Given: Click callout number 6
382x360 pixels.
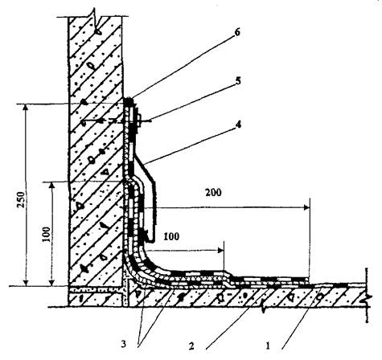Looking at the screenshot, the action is coord(236,33).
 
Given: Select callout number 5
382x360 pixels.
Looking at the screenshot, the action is coord(237,81).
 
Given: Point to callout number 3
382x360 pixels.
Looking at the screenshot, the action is coord(123,345).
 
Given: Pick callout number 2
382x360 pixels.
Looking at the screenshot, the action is coord(191,346).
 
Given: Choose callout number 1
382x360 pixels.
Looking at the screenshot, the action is coord(267,346).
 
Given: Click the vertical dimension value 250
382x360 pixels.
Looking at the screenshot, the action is coord(21,199).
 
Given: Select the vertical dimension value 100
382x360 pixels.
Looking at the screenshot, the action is coord(47,235).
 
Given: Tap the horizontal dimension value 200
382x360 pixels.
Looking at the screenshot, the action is coord(213,192).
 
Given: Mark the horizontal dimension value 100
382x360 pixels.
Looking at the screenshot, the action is coord(171,236).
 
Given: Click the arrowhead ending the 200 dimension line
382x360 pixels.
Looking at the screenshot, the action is coord(307,207).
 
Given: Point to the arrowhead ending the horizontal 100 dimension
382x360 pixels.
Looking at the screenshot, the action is coord(221,251).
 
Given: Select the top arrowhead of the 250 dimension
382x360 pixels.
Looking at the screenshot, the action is coord(26,108).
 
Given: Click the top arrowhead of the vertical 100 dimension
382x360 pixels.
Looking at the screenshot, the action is coord(52,186).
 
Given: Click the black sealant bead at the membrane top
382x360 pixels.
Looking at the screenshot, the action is coord(129,101).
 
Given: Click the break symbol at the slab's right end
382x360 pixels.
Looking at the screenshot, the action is coord(368,295).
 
